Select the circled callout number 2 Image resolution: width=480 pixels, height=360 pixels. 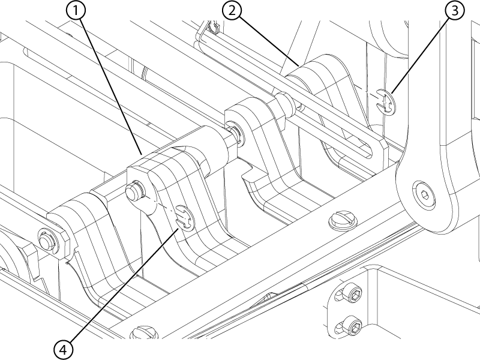(232, 10)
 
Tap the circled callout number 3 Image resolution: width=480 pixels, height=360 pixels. (455, 10)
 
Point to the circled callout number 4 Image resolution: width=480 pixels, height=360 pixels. (64, 350)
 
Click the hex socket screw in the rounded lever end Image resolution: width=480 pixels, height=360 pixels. (424, 194)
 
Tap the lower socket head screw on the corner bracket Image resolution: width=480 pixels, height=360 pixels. (352, 325)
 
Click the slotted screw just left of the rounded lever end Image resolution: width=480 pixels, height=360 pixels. (343, 219)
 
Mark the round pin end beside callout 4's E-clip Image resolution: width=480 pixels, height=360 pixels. (133, 193)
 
